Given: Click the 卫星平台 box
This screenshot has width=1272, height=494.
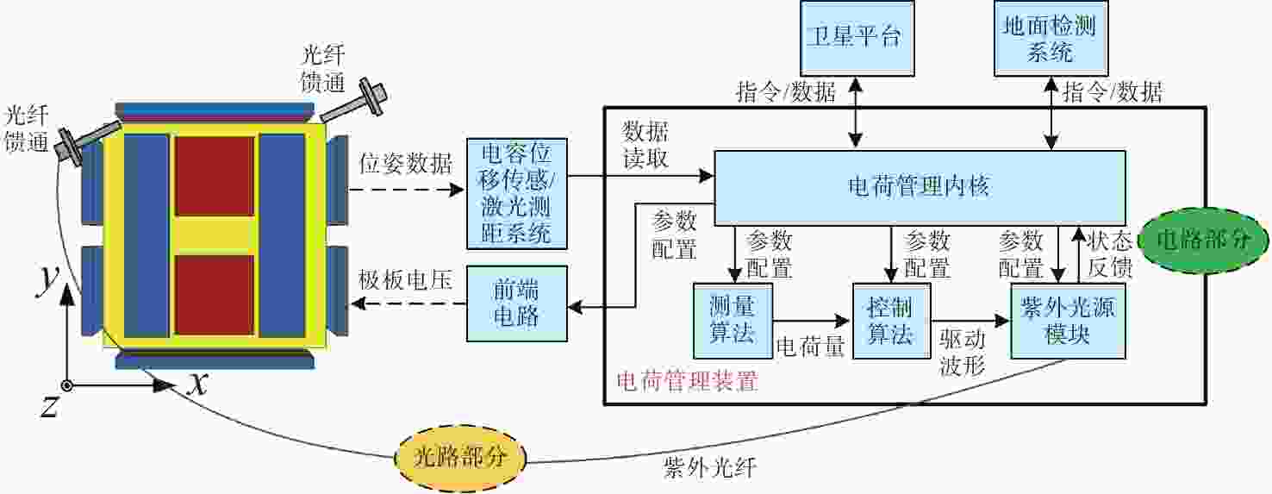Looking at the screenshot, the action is click(x=857, y=39).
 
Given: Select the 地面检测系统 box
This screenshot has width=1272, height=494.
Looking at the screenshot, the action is click(x=1051, y=39).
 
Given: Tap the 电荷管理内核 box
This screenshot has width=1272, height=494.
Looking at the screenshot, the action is click(x=920, y=187).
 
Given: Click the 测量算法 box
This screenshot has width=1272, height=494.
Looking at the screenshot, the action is click(x=733, y=321).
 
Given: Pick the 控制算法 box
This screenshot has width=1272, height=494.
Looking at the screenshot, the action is click(x=892, y=321).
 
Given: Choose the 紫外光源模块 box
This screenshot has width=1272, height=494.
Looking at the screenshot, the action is click(x=1068, y=321).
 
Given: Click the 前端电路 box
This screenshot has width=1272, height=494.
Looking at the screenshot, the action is click(x=517, y=303).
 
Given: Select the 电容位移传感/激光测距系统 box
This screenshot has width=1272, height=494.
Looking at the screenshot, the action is click(x=517, y=194).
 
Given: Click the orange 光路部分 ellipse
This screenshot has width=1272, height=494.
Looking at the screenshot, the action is click(x=460, y=458).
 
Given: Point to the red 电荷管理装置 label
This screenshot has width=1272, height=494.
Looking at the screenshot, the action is click(x=688, y=381).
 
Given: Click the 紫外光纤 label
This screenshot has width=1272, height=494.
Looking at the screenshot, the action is click(x=710, y=468).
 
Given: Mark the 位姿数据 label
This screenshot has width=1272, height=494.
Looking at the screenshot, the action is click(x=405, y=164).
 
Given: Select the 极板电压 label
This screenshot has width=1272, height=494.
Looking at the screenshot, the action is click(x=405, y=280).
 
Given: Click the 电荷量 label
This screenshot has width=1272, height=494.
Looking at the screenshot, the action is click(x=810, y=347).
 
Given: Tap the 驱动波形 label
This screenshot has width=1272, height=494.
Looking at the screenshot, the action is click(x=963, y=352).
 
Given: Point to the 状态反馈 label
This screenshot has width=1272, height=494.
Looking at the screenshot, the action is click(x=1110, y=253).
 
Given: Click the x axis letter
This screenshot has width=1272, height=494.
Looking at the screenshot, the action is click(x=198, y=385).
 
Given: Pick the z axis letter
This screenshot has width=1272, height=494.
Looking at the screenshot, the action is click(x=49, y=407).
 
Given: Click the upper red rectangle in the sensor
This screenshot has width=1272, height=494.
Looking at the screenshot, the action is click(x=214, y=176).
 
